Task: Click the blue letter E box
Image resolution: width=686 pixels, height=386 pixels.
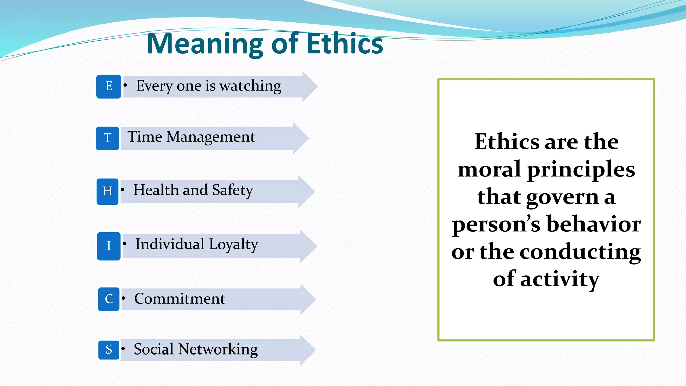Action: click(109, 86)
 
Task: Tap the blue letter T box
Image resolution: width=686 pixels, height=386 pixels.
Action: click(108, 138)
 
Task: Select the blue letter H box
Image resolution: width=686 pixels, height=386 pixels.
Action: click(108, 191)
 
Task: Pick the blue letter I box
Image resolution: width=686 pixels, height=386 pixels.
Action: click(109, 246)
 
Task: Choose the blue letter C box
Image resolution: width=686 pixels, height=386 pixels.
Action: click(109, 299)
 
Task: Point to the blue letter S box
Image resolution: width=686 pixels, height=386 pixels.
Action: click(109, 350)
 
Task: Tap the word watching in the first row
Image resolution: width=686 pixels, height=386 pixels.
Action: click(250, 86)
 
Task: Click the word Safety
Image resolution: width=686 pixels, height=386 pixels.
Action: click(232, 190)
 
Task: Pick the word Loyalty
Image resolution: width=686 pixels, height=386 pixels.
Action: click(233, 245)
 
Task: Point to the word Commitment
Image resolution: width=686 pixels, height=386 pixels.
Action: click(180, 299)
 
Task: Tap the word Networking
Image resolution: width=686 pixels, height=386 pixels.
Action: click(218, 349)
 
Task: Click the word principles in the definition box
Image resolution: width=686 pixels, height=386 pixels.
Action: click(581, 170)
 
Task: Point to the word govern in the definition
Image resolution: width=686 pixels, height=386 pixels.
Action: click(562, 197)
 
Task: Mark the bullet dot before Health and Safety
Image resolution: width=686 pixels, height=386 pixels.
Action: click(123, 190)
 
